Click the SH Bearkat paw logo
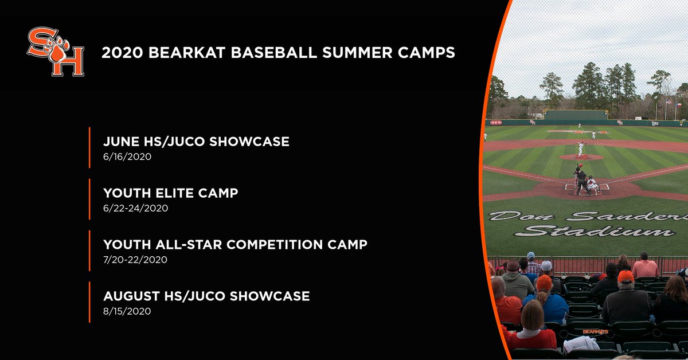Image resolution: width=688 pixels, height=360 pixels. [x=56, y=53]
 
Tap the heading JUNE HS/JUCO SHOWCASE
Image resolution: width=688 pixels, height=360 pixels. [x=196, y=142]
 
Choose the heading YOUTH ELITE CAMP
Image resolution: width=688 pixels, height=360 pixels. [x=170, y=193]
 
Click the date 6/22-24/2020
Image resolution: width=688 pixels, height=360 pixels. [x=135, y=208]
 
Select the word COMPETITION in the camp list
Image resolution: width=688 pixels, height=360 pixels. [x=275, y=245]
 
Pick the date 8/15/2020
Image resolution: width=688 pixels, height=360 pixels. [x=127, y=311]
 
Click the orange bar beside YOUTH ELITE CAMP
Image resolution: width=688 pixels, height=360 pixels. [x=90, y=199]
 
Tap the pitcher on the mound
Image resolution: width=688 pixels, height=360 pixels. [x=580, y=149]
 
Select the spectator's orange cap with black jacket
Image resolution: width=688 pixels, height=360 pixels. [x=626, y=276]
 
